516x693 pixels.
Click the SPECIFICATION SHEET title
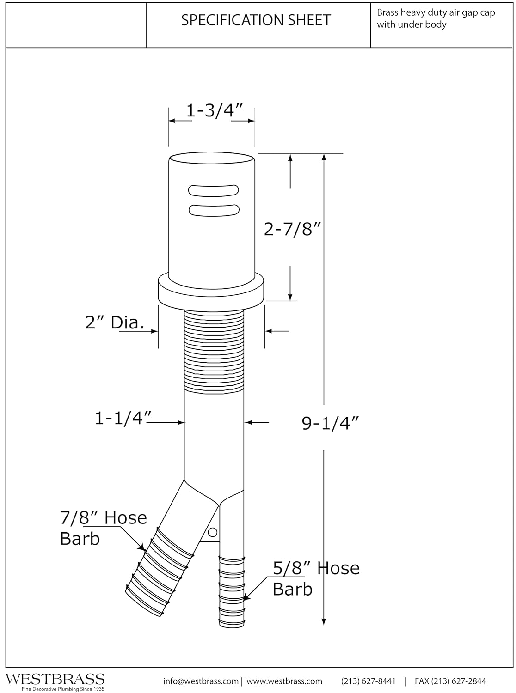(x=256, y=20)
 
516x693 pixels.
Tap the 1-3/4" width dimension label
(x=215, y=110)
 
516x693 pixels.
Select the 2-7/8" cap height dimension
(x=293, y=229)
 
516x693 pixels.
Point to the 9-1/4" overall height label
(x=330, y=423)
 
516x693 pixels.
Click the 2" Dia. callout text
(x=115, y=322)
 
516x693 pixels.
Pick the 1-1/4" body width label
(x=123, y=418)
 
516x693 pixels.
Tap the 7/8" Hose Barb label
(x=103, y=528)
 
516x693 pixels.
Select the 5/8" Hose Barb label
(x=316, y=578)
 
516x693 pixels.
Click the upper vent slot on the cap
(x=213, y=191)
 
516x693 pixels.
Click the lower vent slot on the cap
(x=214, y=210)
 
